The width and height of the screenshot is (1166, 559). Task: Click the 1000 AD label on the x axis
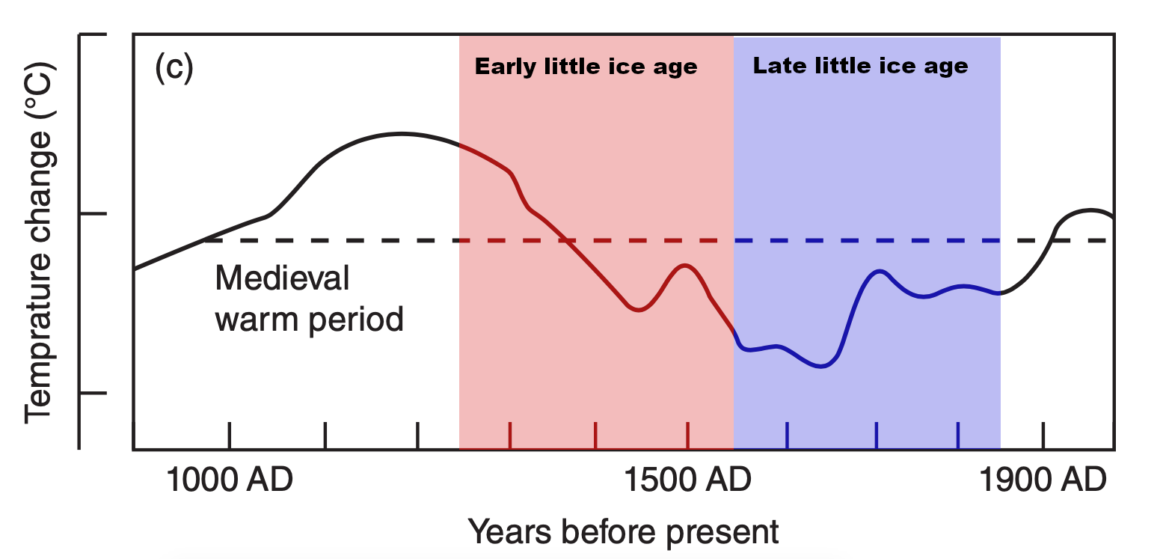pyautogui.click(x=229, y=480)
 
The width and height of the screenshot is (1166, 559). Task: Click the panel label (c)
pyautogui.click(x=174, y=68)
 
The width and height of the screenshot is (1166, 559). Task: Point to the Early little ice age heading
pyautogui.click(x=586, y=67)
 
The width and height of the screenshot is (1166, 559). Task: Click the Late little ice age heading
pyautogui.click(x=860, y=66)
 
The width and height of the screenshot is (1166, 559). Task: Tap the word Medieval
pyautogui.click(x=282, y=279)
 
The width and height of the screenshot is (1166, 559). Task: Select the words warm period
pyautogui.click(x=309, y=320)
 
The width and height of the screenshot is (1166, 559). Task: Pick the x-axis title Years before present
pyautogui.click(x=623, y=532)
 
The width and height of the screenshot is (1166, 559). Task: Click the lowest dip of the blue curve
pyautogui.click(x=821, y=366)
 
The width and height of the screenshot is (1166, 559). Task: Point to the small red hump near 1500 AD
pyautogui.click(x=684, y=265)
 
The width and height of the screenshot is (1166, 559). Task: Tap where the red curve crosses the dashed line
pyautogui.click(x=566, y=240)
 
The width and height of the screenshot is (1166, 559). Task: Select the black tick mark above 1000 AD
pyautogui.click(x=229, y=435)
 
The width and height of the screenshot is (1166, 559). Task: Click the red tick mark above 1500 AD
pyautogui.click(x=687, y=435)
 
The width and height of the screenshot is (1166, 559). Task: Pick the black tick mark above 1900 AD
pyautogui.click(x=1043, y=435)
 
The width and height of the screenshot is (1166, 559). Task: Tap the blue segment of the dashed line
pyautogui.click(x=868, y=240)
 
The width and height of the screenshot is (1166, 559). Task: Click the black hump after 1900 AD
pyautogui.click(x=1090, y=210)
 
